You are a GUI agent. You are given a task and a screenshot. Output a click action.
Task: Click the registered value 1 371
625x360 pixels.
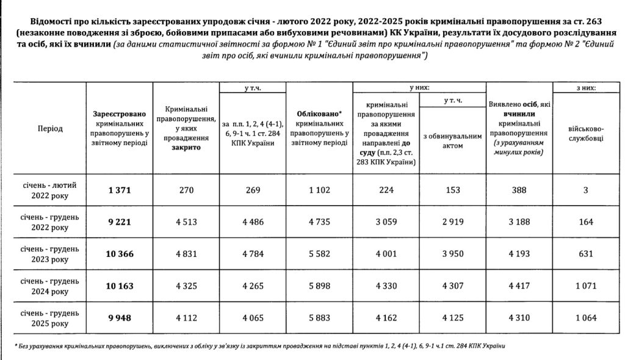click(120, 190)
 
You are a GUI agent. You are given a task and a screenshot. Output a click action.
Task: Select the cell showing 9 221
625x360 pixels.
click(120, 221)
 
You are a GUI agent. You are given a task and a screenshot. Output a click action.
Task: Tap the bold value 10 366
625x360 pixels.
click(120, 253)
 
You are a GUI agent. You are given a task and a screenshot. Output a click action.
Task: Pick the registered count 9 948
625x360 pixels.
click(120, 317)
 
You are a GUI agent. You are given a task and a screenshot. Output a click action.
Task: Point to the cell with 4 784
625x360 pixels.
click(252, 253)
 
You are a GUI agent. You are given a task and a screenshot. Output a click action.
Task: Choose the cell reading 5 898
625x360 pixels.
click(318, 285)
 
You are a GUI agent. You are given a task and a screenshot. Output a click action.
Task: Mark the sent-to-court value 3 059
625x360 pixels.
click(385, 221)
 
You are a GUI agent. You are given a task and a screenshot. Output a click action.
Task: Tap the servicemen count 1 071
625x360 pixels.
click(586, 285)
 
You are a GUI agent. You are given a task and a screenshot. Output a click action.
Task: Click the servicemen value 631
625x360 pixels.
click(586, 253)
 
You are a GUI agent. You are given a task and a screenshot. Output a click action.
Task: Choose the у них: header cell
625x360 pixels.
click(418, 88)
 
